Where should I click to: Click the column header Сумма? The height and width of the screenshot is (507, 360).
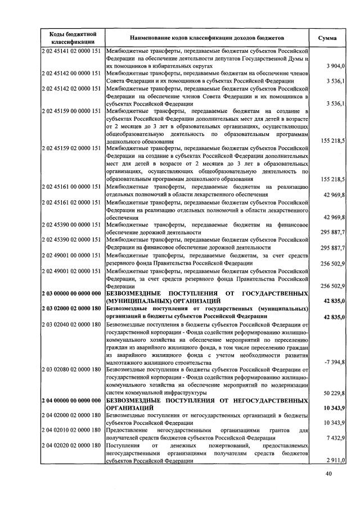(x=327, y=38)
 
